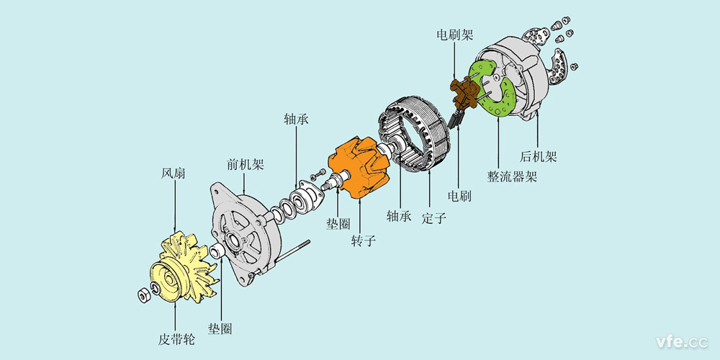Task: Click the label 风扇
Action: click(175, 175)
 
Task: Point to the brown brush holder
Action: click(464, 89)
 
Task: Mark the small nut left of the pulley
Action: click(143, 293)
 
